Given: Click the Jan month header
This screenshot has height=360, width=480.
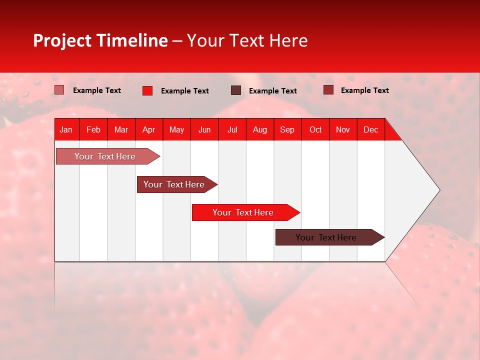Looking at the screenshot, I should point(66,129).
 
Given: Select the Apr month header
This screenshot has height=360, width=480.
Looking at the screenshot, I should point(148,129).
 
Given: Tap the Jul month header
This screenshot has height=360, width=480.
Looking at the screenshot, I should point(232,129).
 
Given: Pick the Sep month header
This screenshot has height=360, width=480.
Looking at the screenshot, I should point(287,129).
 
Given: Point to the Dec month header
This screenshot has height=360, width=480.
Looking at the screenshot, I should point(370,129).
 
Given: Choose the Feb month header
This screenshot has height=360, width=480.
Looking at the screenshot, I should point(93,129).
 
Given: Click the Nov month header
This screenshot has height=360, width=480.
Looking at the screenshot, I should point(342,129).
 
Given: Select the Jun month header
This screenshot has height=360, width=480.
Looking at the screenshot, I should point(204,129).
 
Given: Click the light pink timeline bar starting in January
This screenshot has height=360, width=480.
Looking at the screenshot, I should point(105,156).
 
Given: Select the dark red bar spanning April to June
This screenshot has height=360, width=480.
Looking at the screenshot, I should point(174,184).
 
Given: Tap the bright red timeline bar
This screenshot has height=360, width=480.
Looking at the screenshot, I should point(243,212).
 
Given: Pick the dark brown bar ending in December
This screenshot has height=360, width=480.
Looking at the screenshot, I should point(326,237).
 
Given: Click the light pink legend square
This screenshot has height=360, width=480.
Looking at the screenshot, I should point(59,90).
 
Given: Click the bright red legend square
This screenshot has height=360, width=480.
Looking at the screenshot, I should point(147,90).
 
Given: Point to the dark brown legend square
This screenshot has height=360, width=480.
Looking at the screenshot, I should point(236,90).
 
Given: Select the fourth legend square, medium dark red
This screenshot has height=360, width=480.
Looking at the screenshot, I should point(328,90).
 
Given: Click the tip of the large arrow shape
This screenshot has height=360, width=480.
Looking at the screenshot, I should point(438,190).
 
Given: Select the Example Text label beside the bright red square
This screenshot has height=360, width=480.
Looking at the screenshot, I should point(185,91).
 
